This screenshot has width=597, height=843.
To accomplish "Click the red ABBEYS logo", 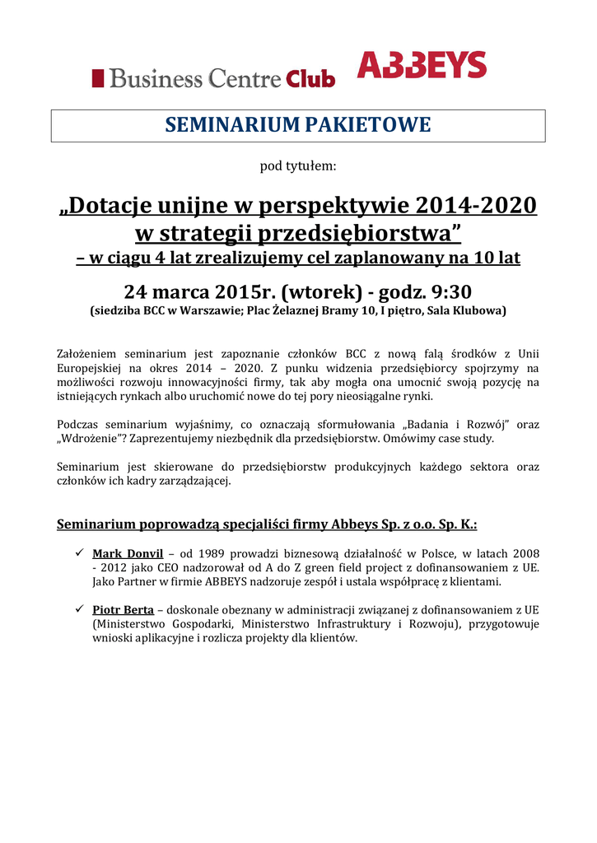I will tap(422, 64).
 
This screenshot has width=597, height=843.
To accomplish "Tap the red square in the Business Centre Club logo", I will tap(98, 78).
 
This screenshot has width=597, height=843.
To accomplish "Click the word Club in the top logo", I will tap(310, 79).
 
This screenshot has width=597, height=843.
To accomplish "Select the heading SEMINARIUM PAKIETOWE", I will tap(298, 125).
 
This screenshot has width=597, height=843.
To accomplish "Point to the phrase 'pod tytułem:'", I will tap(298, 165).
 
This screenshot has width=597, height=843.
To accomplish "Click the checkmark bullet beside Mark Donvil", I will tap(80, 552).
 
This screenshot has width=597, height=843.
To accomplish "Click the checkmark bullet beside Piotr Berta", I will tap(80, 609).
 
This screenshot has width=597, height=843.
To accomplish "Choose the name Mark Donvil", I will tap(128, 552).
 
